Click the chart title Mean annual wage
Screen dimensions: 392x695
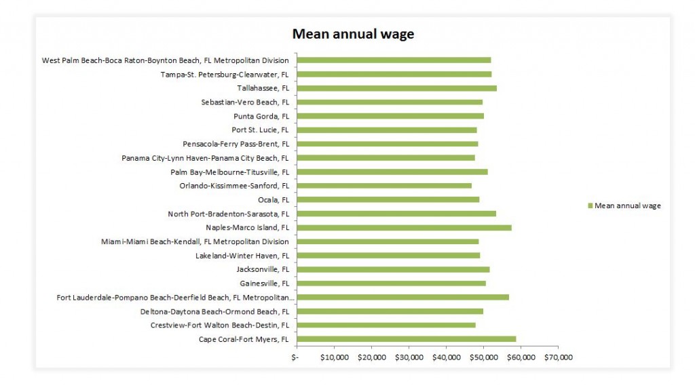pyautogui.click(x=352, y=34)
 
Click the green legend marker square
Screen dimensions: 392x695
pyautogui.click(x=590, y=206)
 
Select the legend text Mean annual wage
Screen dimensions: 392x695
pyautogui.click(x=627, y=206)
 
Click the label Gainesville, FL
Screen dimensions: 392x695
pyautogui.click(x=264, y=283)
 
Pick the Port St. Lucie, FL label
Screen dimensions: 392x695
pyautogui.click(x=260, y=130)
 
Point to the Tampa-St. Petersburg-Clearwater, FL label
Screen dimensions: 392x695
pyautogui.click(x=225, y=74)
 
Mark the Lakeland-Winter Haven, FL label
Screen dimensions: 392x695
pyautogui.click(x=242, y=256)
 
